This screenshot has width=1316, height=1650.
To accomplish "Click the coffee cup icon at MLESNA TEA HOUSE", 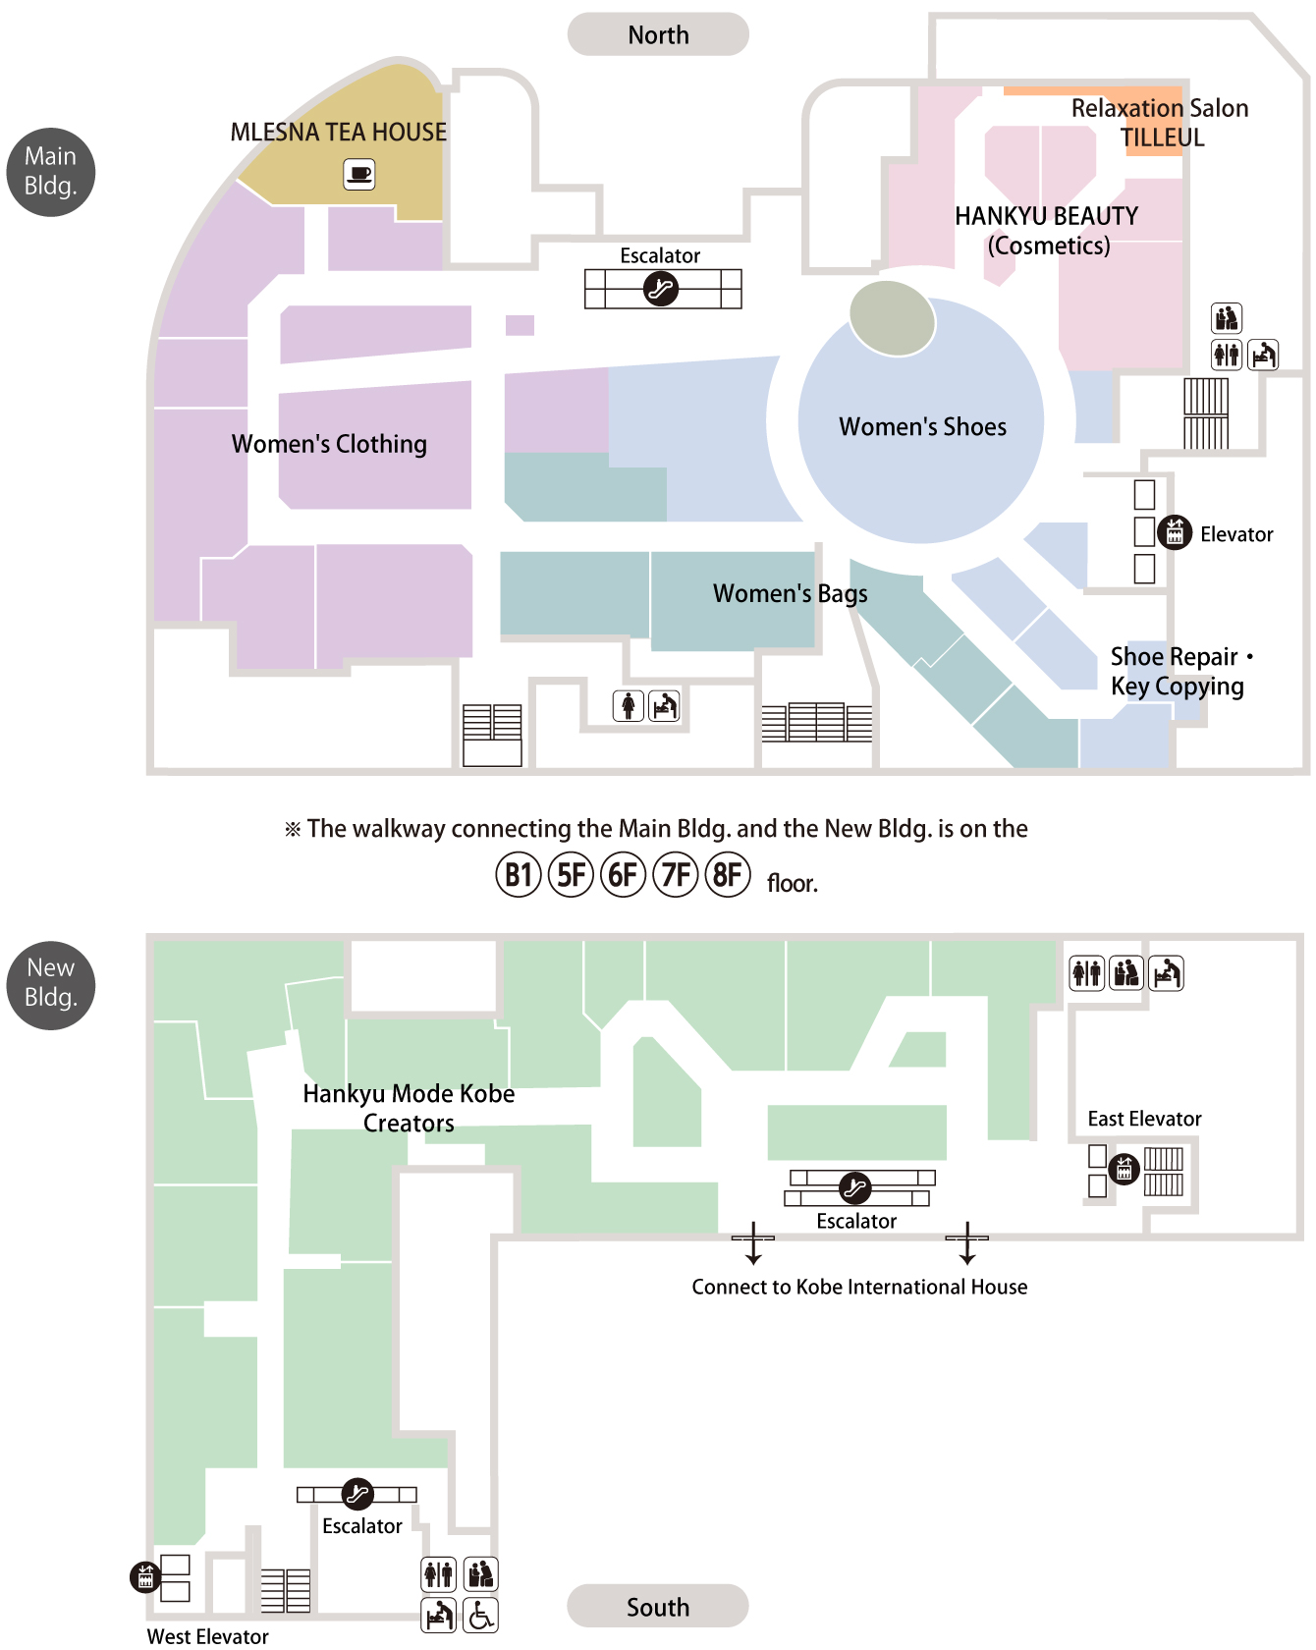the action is (x=359, y=175).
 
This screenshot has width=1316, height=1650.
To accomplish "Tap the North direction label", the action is (x=658, y=34).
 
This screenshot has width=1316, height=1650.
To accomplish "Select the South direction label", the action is (x=658, y=1607).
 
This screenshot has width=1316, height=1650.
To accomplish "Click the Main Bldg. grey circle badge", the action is (x=51, y=172).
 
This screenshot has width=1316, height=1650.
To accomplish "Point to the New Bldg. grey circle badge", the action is (x=51, y=985).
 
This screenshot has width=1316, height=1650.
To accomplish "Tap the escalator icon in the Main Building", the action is (x=661, y=289).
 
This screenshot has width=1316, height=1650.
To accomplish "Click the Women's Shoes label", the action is (x=922, y=426).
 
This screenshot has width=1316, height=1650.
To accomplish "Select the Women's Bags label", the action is (x=791, y=593).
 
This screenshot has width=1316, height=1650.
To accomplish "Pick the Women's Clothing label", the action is (x=329, y=444).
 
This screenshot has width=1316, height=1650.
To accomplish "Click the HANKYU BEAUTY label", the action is (x=1047, y=216).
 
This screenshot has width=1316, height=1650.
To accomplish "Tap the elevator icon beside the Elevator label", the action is (x=1175, y=532).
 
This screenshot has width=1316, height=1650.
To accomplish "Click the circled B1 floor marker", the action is (x=519, y=874).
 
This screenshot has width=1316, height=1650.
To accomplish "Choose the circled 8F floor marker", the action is (x=728, y=874).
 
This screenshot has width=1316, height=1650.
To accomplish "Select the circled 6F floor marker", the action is (x=624, y=874).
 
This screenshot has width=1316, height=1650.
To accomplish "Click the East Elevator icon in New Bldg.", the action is (x=1124, y=1169).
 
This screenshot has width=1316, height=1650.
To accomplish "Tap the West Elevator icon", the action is (x=145, y=1577).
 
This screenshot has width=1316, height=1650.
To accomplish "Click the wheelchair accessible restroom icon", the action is (x=481, y=1615).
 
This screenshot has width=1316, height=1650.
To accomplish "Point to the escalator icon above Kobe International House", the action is (x=855, y=1188).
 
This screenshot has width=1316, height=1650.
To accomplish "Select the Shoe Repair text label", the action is (x=1174, y=656).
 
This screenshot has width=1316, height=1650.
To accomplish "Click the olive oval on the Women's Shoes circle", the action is (x=892, y=318).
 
